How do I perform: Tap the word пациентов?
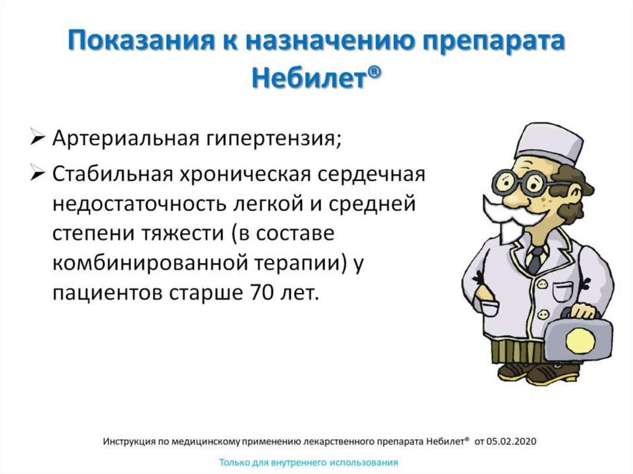(x=104, y=292)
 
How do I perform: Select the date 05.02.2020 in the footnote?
(x=511, y=441)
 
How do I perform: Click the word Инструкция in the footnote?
(x=127, y=441)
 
